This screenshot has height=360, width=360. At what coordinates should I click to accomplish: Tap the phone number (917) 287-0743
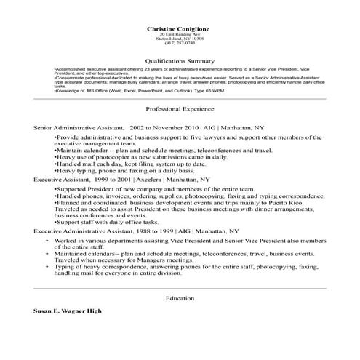tap(180, 43)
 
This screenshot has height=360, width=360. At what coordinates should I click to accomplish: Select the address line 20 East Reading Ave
tap(180, 33)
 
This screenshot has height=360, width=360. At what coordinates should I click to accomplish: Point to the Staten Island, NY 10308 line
tap(180, 38)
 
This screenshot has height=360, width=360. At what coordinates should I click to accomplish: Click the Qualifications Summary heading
tap(180, 61)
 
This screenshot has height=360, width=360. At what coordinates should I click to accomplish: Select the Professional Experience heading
tap(180, 108)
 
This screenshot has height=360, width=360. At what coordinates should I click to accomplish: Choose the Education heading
tap(180, 298)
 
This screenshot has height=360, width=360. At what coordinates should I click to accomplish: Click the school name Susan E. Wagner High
tap(68, 311)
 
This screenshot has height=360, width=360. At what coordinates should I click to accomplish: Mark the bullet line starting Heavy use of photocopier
tap(142, 156)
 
